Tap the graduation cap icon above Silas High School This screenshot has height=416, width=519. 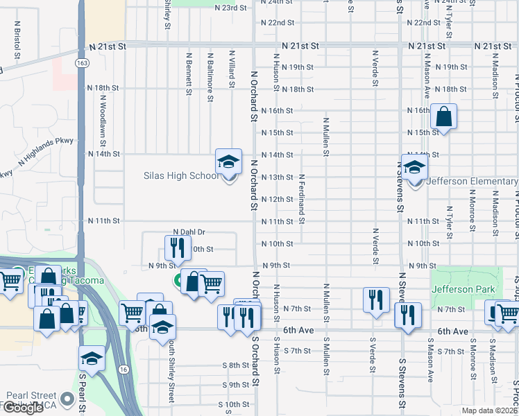(x=228, y=162)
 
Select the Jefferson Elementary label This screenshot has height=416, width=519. (x=473, y=182)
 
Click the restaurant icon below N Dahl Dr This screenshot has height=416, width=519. (x=178, y=247)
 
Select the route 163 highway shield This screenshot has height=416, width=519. (x=81, y=62)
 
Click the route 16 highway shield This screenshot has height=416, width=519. (x=123, y=369)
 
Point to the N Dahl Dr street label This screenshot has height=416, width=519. (x=189, y=232)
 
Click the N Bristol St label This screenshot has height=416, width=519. (x=16, y=40)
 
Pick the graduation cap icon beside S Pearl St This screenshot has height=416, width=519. (x=92, y=358)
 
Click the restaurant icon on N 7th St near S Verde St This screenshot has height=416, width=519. (x=376, y=300)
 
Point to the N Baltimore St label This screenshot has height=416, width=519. (x=210, y=76)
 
